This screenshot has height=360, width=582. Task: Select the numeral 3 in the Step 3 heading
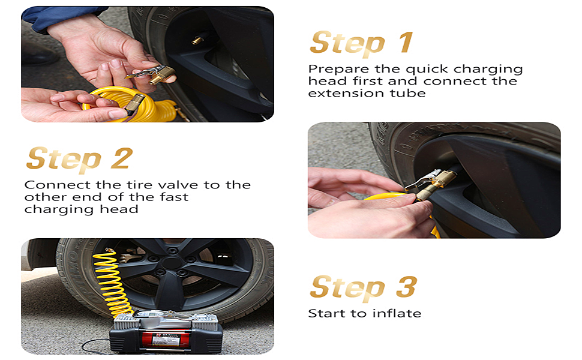[x=406, y=287]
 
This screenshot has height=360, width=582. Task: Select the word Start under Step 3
[x=325, y=313]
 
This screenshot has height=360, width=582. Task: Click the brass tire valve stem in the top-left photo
[x=197, y=40]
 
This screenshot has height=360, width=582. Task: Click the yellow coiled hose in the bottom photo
[x=112, y=282]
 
